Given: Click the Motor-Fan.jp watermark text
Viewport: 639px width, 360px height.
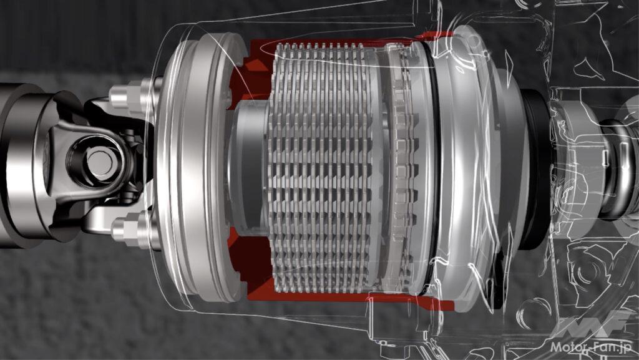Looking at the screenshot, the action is pos(590,347).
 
